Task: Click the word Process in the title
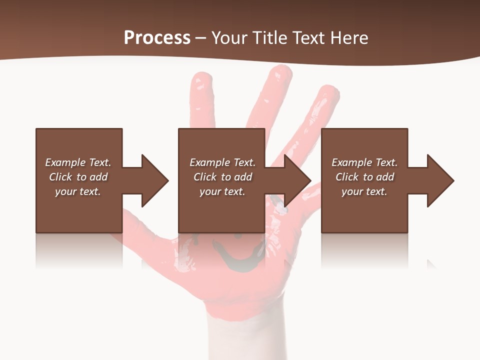[157, 38]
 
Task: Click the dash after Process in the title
[200, 38]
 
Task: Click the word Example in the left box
[65, 162]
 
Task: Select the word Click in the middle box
[204, 177]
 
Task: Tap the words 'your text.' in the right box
[364, 191]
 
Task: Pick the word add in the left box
[98, 177]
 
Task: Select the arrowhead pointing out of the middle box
[297, 180]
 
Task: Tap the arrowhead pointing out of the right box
[440, 180]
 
